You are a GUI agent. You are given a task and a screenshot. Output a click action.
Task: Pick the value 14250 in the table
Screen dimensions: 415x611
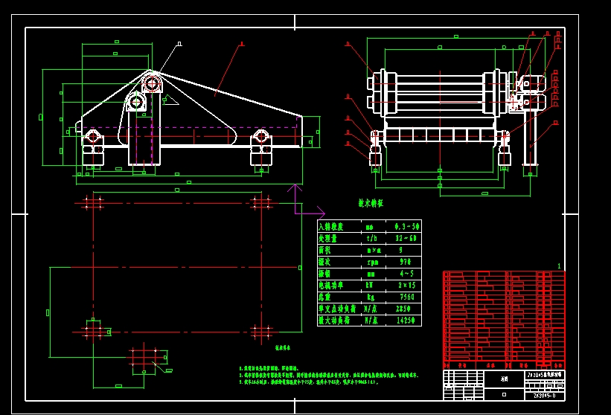click(x=406, y=321)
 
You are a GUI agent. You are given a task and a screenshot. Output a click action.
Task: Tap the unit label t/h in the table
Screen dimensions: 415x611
click(x=373, y=239)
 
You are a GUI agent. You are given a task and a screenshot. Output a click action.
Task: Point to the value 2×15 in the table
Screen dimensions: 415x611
click(x=406, y=286)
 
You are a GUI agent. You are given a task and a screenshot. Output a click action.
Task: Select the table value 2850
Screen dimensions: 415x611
click(x=404, y=309)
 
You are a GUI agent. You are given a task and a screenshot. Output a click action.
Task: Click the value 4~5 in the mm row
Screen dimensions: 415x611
click(x=404, y=274)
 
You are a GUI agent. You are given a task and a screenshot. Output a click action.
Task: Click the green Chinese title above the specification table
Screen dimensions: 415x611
click(x=370, y=203)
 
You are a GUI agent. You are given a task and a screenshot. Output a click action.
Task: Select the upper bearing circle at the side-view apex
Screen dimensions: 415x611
click(x=152, y=83)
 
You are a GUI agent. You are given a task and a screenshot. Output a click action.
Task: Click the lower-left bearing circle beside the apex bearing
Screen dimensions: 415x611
click(x=135, y=102)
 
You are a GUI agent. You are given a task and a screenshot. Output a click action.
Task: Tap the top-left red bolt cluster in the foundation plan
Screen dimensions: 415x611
click(x=93, y=202)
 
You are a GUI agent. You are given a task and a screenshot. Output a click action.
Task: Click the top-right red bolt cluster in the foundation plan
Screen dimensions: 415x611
click(x=260, y=202)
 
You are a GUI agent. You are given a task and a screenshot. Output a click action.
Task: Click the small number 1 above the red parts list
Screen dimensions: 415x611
click(x=559, y=266)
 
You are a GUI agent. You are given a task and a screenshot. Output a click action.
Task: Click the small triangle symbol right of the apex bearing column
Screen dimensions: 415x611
click(x=169, y=99)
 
